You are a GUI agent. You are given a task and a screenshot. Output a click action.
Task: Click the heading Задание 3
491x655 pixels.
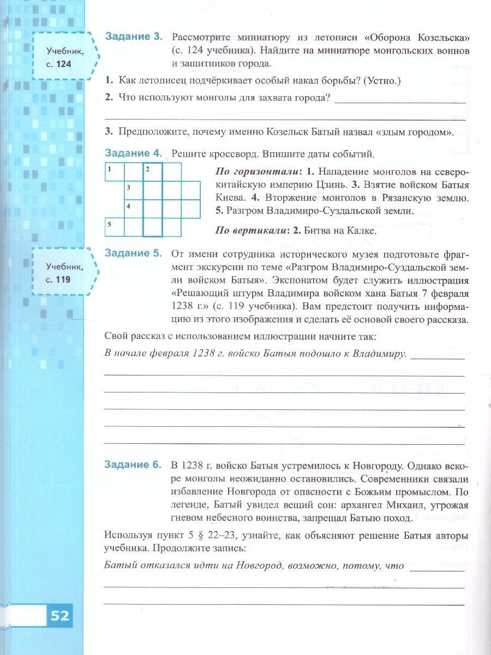133,37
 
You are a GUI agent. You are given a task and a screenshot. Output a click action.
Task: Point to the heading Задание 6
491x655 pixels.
133,465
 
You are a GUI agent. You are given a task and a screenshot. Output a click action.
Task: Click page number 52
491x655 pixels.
60,616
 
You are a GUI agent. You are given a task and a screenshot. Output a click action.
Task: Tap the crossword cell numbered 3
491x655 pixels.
134,190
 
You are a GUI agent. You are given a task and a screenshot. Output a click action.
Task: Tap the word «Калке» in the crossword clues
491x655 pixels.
362,230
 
